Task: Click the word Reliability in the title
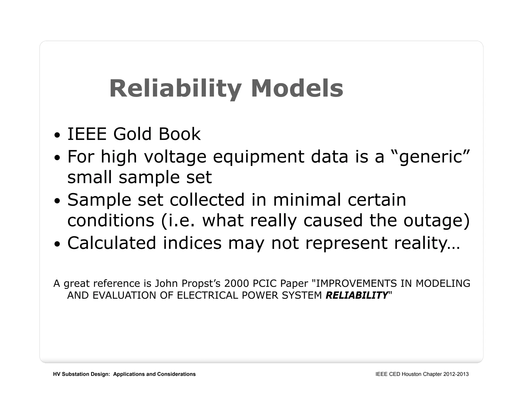tap(175, 89)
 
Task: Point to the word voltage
tap(175, 157)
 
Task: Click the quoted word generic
tap(431, 157)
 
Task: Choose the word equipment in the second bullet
tap(258, 157)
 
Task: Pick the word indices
tap(192, 243)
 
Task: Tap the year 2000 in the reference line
tap(236, 283)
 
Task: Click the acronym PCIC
tap(264, 283)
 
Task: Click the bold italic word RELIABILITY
tap(357, 295)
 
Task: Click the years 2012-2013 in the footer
tap(456, 374)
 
